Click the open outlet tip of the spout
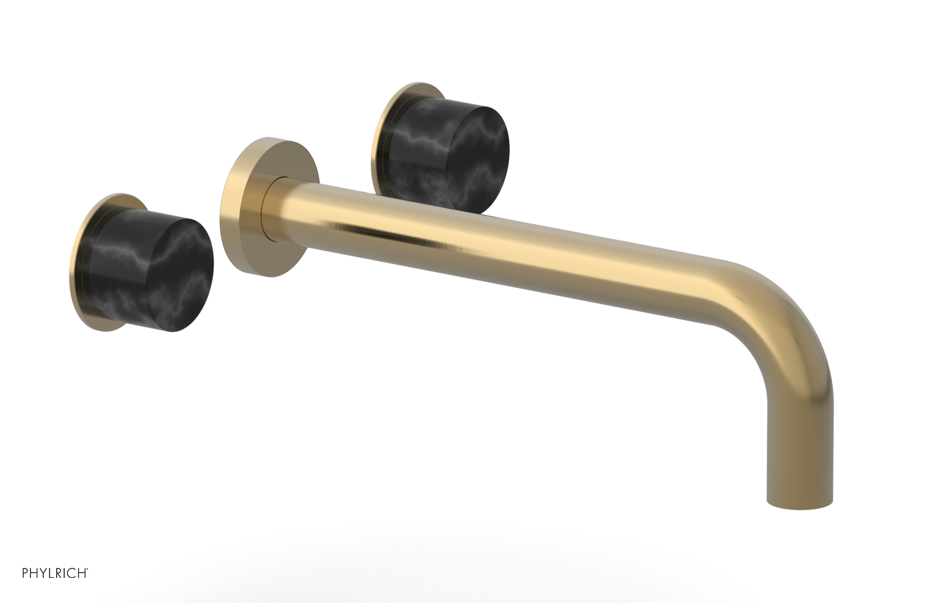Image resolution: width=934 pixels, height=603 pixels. (799, 504)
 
